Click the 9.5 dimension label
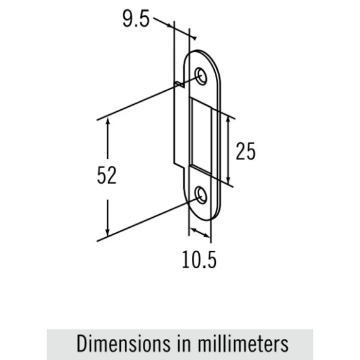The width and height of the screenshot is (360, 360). point(136,19)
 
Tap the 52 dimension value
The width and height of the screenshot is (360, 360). point(107,175)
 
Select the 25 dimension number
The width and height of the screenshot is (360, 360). point(245,151)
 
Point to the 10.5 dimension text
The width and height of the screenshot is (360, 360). point(199,259)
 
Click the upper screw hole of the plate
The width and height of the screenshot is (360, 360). point(200,76)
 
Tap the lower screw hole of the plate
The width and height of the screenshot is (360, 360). point(201,195)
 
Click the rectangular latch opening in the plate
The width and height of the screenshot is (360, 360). point(200,137)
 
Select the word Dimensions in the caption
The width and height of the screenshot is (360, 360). point(124,344)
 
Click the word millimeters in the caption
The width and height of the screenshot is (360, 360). point(243,344)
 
